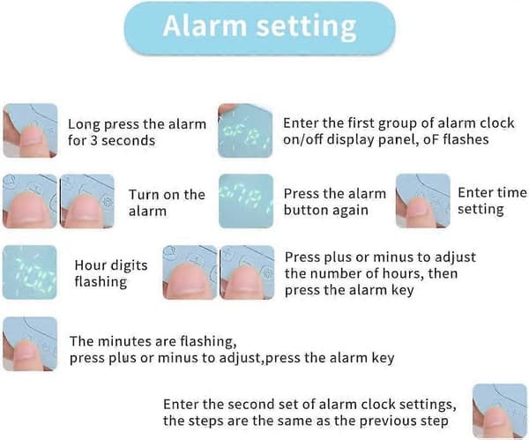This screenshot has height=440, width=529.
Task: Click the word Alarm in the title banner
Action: pos(205,26)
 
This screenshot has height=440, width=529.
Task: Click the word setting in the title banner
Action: pos(306,27)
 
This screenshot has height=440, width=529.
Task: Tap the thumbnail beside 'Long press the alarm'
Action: pos(30,131)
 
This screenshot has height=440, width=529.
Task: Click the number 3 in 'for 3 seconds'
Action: pos(93,140)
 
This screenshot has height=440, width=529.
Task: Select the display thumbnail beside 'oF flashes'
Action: pos(245,131)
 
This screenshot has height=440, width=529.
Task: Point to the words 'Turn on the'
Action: pos(167,195)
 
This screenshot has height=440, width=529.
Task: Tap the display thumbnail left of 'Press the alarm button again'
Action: pos(246,201)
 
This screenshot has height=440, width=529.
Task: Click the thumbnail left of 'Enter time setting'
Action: pos(422,201)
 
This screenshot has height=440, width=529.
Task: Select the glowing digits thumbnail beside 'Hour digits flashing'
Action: pos(30,272)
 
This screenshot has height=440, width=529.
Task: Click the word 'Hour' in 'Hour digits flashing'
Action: pos(88,265)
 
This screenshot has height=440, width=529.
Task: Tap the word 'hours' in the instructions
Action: pos(404,273)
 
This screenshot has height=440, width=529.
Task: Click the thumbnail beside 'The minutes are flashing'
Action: pos(30,344)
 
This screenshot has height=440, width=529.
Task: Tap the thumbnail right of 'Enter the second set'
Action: pos(500,411)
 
